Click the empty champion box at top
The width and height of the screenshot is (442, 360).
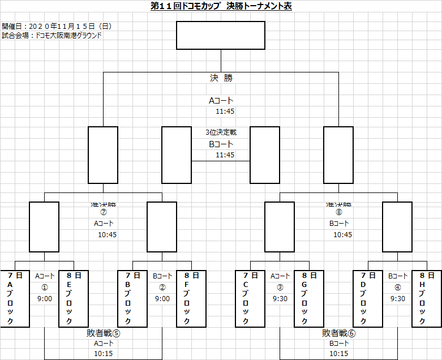[221, 36]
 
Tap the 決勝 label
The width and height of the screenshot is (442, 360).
[221, 78]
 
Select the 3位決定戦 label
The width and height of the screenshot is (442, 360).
[221, 132]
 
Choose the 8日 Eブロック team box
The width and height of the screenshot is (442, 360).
[74, 298]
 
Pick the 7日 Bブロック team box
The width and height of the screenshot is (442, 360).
[132, 298]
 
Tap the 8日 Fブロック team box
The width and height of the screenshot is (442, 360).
[191, 298]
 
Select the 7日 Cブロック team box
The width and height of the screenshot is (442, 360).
[250, 298]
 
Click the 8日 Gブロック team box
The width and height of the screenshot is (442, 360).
[309, 298]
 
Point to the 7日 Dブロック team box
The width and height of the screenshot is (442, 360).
[368, 298]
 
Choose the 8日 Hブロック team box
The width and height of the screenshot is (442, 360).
[427, 298]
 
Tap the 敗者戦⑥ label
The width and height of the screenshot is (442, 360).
[338, 333]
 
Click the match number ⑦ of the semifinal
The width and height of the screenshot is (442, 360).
[104, 213]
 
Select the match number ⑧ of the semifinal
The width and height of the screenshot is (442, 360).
[339, 213]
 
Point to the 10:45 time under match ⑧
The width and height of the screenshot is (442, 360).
[342, 234]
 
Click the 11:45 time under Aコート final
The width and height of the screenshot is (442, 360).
[225, 112]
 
